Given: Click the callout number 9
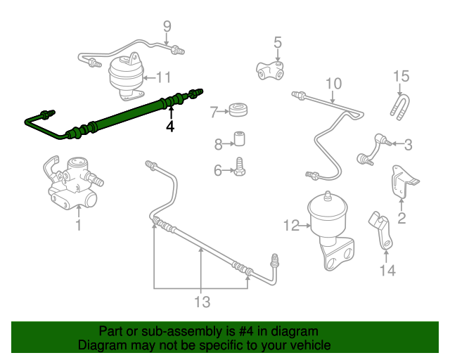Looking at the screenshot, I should pyautogui.click(x=167, y=27).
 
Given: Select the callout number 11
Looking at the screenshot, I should pyautogui.click(x=163, y=77).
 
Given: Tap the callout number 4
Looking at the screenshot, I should pyautogui.click(x=169, y=127).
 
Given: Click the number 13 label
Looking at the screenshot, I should pyautogui.click(x=202, y=302).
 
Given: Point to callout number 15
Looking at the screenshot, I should pyautogui.click(x=400, y=76).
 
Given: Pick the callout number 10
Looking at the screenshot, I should pyautogui.click(x=333, y=84).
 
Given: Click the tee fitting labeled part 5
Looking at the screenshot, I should pyautogui.click(x=271, y=70).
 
